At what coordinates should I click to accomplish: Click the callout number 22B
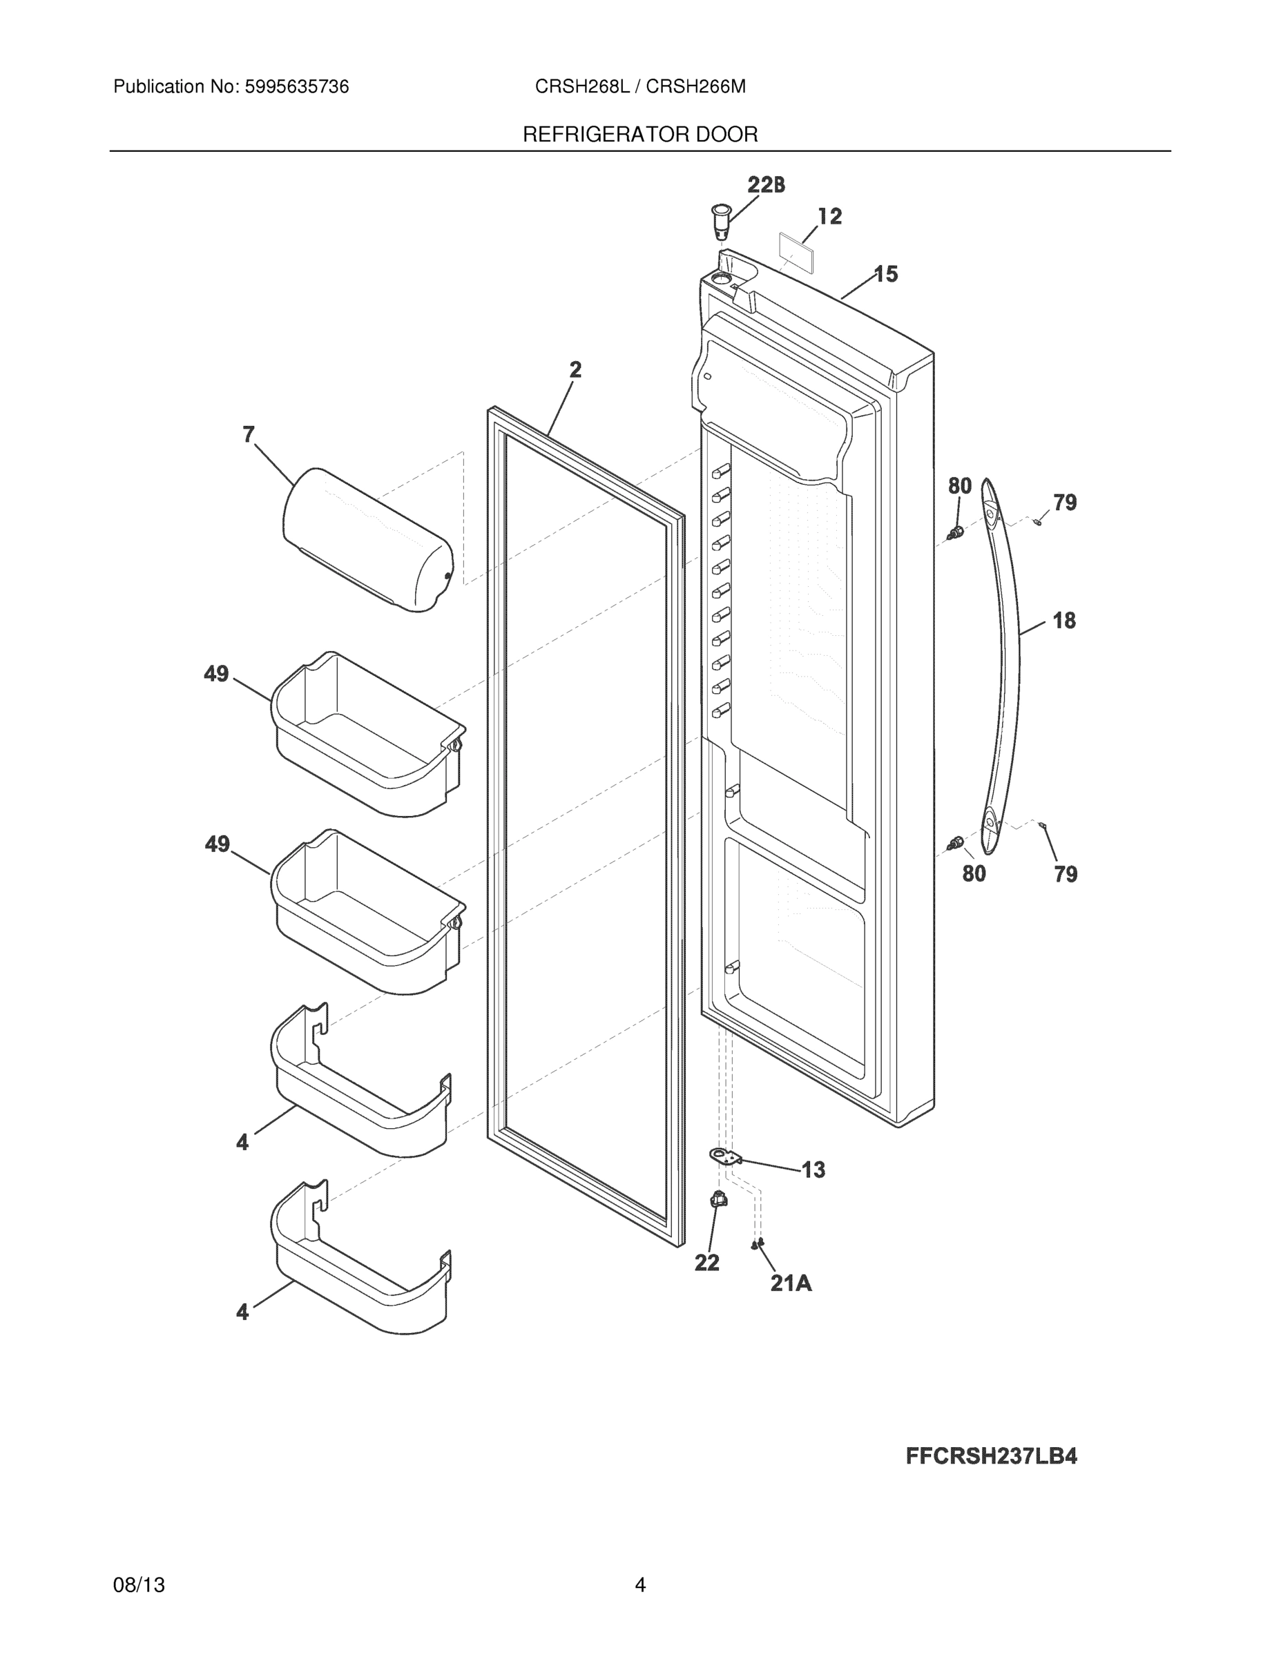[x=766, y=184]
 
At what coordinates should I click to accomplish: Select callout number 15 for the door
[x=885, y=274]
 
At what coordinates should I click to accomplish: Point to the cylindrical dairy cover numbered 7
[x=367, y=540]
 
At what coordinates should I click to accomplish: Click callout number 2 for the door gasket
[x=575, y=369]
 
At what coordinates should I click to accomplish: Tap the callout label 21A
[x=791, y=1283]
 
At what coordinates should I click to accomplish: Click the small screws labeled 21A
[x=757, y=1243]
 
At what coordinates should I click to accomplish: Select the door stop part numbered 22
[x=717, y=1199]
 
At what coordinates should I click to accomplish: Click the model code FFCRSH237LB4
[x=991, y=1456]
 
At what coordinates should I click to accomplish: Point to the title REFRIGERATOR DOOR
[x=639, y=135]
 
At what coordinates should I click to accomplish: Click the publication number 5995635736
[x=296, y=87]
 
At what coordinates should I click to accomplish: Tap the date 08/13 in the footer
[x=139, y=1585]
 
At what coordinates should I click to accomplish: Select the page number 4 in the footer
[x=639, y=1585]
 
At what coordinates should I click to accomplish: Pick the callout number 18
[x=1064, y=621]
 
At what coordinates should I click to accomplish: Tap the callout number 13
[x=813, y=1170]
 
